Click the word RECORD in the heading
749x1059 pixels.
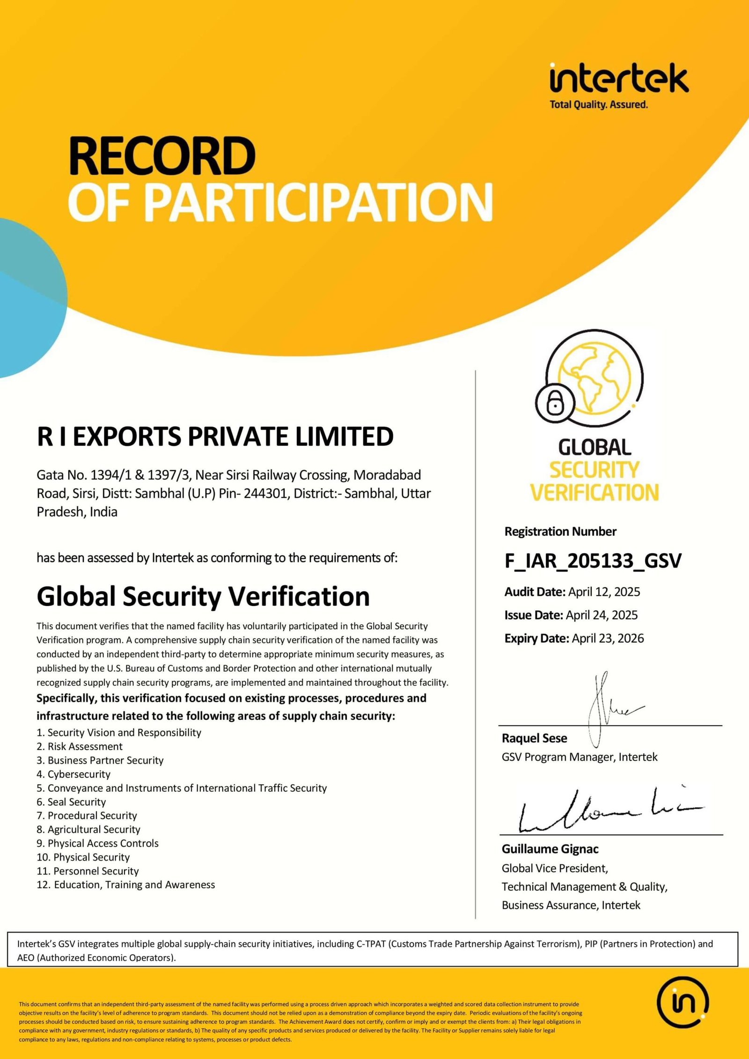[162, 156]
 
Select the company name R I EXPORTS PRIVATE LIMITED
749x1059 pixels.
[215, 436]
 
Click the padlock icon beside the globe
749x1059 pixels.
[555, 402]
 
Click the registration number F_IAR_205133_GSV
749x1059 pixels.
[593, 561]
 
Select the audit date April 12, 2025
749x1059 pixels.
[604, 592]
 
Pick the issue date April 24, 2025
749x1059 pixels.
[602, 615]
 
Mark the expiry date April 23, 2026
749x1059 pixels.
[608, 638]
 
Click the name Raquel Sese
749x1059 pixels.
[534, 738]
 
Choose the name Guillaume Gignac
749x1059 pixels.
[550, 849]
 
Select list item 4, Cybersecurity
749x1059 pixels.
[74, 774]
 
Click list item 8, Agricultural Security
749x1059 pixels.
[88, 830]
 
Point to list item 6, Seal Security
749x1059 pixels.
[72, 802]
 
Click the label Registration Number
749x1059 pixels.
[560, 532]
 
